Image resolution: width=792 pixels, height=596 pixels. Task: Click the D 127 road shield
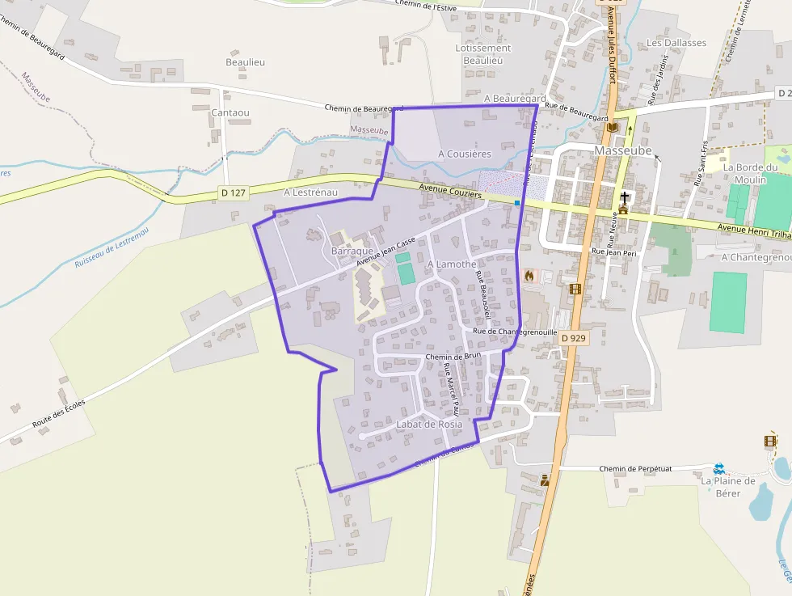[x=233, y=192]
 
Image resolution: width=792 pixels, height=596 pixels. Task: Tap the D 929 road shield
[x=572, y=338]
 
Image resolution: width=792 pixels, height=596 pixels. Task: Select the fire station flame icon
[x=529, y=276]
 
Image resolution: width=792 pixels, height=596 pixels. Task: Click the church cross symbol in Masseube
[x=624, y=197]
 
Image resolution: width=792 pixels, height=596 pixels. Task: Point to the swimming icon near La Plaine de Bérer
[x=718, y=468]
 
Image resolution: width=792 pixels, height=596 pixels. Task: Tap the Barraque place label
[x=352, y=252]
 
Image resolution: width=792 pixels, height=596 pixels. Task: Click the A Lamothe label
[x=451, y=264]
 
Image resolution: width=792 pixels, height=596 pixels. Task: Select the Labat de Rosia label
[x=429, y=424]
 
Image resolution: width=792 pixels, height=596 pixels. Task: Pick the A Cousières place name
[x=465, y=154]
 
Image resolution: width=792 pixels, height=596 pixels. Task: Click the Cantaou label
[x=230, y=112]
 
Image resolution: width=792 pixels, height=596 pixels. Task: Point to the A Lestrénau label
[x=310, y=192]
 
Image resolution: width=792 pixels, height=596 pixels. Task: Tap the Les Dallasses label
[x=676, y=43]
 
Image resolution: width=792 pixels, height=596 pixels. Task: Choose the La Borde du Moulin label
[x=750, y=174]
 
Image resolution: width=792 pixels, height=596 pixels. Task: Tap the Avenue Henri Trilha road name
[x=753, y=230]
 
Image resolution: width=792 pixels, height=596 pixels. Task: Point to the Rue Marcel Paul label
[x=451, y=385]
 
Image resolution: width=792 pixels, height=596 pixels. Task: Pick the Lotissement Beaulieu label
[x=483, y=54]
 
